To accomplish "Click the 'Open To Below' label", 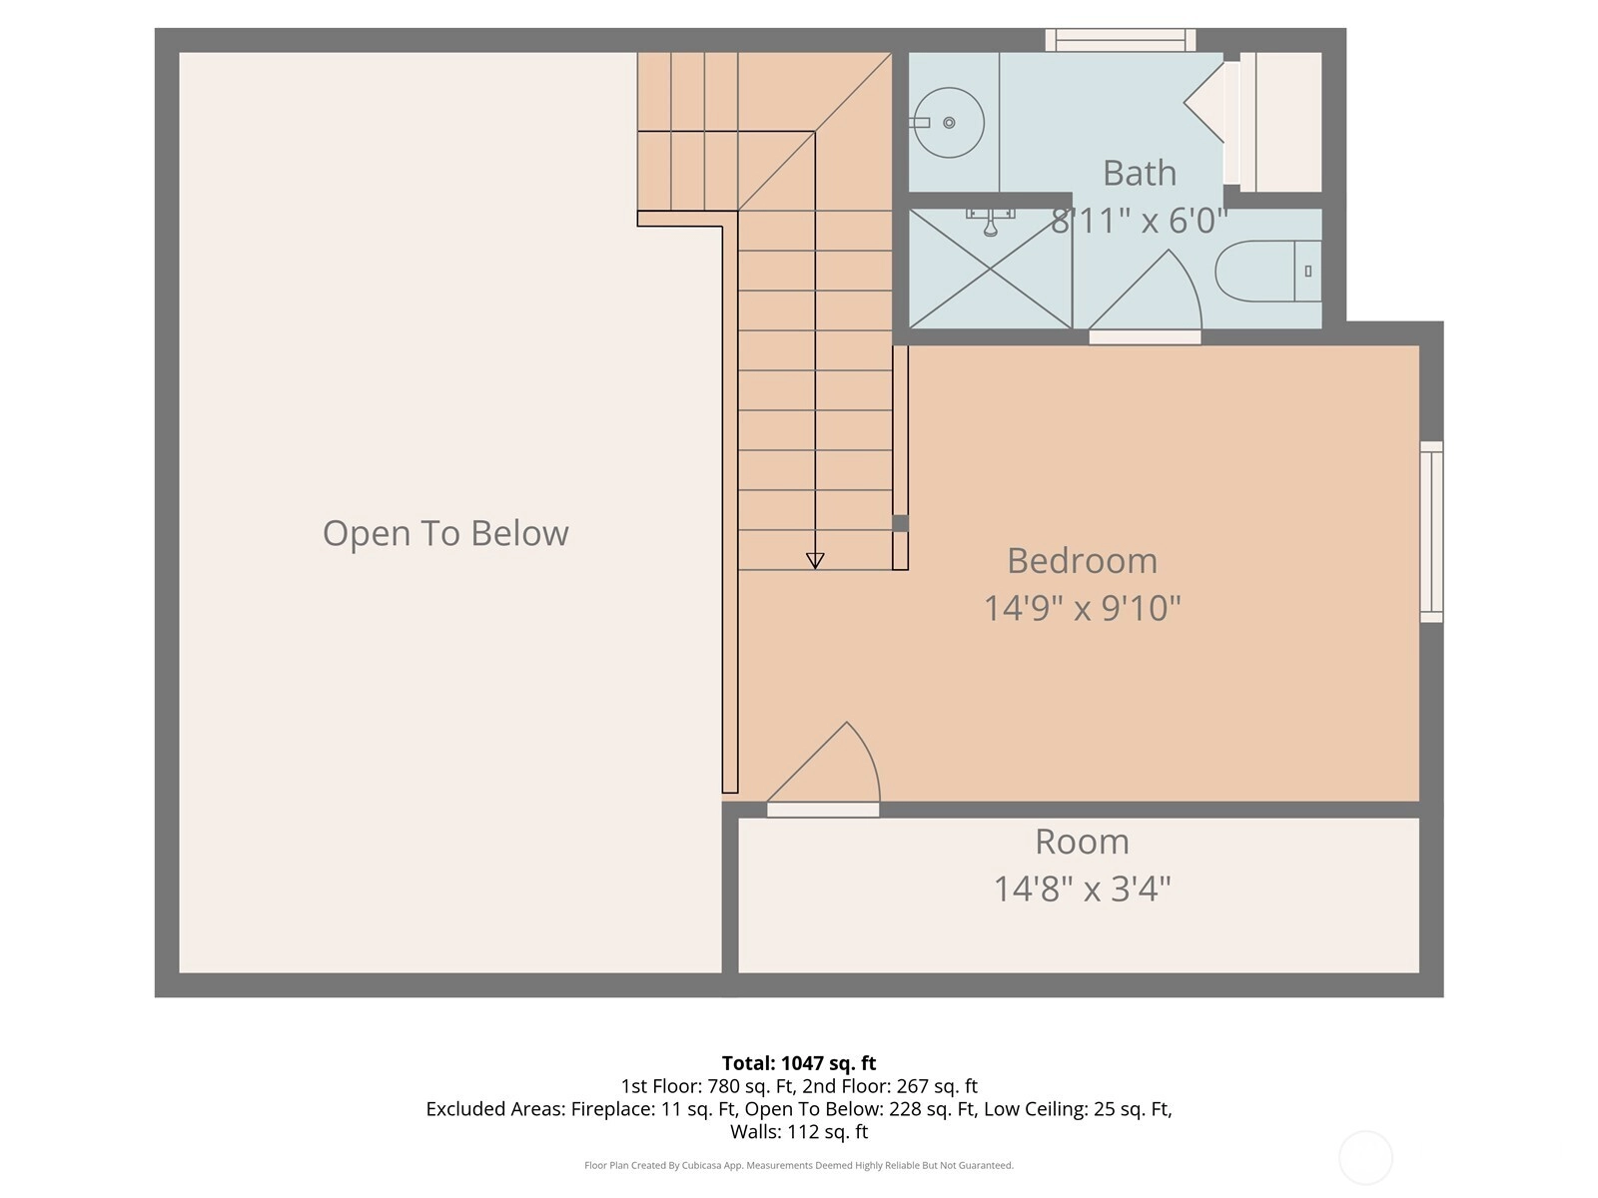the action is coord(445,533).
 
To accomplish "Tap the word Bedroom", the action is coord(1082,561).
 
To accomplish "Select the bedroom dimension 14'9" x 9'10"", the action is coord(1082,608).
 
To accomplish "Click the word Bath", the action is coord(1140,173).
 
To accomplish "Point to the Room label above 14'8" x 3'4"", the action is coord(1082,842).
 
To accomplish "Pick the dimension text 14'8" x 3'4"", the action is coord(1082,889).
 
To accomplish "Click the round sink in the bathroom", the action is coord(948,122).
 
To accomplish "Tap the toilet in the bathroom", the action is coord(1268,271).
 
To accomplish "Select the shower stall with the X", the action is coord(990,269).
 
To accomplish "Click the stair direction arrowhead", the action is coord(815,560).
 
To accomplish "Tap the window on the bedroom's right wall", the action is coord(1431,532).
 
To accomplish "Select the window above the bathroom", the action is coord(1121,40).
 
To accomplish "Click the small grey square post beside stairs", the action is coord(901,523).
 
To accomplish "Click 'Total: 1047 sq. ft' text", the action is coord(799,1063).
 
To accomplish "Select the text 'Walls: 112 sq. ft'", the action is coord(799,1132).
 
